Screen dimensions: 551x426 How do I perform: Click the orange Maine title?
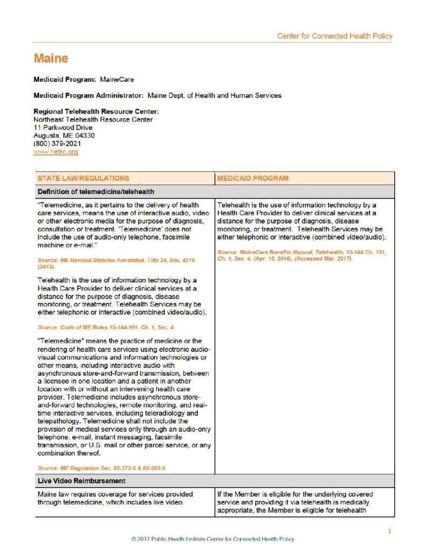click(51, 58)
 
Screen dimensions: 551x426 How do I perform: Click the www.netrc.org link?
click(55, 152)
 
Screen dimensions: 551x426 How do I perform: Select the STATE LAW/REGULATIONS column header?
click(83, 178)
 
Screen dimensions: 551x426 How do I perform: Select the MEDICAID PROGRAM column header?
click(253, 178)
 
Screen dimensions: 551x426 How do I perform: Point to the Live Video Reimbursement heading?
click(81, 480)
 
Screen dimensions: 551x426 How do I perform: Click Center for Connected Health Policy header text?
click(334, 36)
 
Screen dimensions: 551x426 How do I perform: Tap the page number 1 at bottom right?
click(389, 532)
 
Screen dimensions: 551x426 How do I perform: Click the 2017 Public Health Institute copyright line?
click(213, 539)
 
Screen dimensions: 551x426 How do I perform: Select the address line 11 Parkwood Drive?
click(62, 128)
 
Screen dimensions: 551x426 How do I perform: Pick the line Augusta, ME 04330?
click(64, 136)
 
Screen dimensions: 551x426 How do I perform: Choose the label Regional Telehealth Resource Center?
click(96, 111)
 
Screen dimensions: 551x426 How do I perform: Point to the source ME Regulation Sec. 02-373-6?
click(101, 468)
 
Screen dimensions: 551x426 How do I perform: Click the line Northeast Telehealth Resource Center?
click(93, 119)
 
